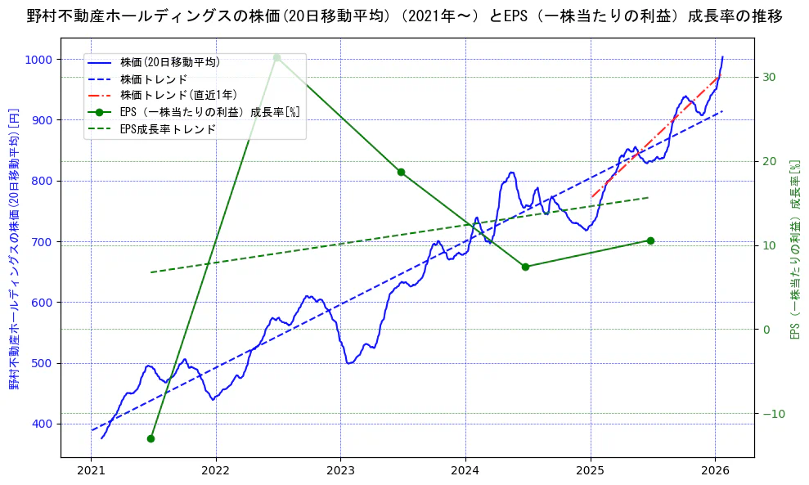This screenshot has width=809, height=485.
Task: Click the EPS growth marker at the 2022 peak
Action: point(276,57)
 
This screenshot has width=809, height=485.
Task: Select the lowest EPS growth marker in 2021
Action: point(151,438)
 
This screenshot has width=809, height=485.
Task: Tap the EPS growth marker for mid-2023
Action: point(401,172)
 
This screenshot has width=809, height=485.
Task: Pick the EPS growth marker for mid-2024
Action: point(525,267)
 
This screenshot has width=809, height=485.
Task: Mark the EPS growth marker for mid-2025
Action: point(650,240)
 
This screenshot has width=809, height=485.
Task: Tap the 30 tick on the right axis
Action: point(770,78)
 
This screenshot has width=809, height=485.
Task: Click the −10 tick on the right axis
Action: point(772,414)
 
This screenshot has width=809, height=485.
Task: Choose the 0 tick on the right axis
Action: point(766,330)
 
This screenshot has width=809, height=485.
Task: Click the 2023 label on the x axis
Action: point(340,470)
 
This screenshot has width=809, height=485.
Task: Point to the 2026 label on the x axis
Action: point(715,470)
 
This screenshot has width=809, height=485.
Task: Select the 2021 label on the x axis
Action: point(92,470)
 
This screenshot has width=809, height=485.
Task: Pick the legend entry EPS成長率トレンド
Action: point(168,129)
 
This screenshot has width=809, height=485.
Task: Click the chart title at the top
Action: point(404,16)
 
